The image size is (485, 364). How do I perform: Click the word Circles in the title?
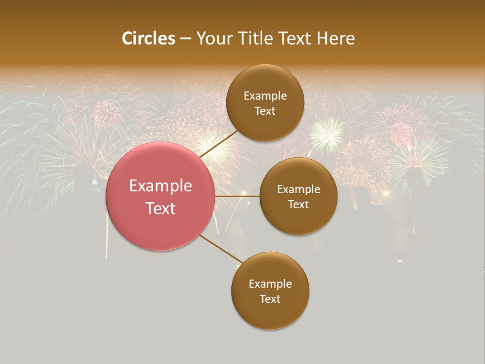(x=149, y=38)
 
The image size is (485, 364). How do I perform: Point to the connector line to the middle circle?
(x=237, y=196)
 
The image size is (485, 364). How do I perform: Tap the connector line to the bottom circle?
(x=221, y=249)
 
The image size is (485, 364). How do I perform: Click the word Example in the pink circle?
(x=161, y=186)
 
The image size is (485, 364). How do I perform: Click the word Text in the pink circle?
(x=161, y=208)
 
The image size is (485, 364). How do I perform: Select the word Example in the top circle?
(x=265, y=96)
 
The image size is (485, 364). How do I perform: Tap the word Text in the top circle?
(x=265, y=111)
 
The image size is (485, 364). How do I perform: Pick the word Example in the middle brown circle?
(x=299, y=190)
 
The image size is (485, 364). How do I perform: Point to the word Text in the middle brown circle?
(x=298, y=205)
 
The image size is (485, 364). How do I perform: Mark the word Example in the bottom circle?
(x=270, y=284)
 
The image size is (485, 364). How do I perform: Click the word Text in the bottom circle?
(x=270, y=299)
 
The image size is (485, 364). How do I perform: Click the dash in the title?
(x=185, y=39)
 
